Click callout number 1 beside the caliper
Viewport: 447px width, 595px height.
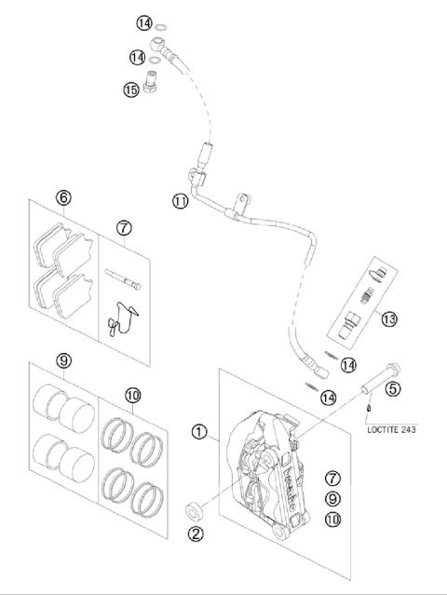point(197,431)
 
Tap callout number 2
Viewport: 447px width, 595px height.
point(196,534)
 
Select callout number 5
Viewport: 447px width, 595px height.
point(392,389)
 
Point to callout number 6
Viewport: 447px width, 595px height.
point(63,196)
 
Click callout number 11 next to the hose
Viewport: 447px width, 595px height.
point(179,200)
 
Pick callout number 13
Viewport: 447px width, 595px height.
point(388,318)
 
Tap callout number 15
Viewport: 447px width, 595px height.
point(130,89)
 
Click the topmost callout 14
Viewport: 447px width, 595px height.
point(142,21)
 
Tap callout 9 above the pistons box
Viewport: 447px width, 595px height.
point(63,360)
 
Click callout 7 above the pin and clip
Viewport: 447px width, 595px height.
point(125,227)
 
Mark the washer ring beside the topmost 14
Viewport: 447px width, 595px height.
point(161,22)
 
